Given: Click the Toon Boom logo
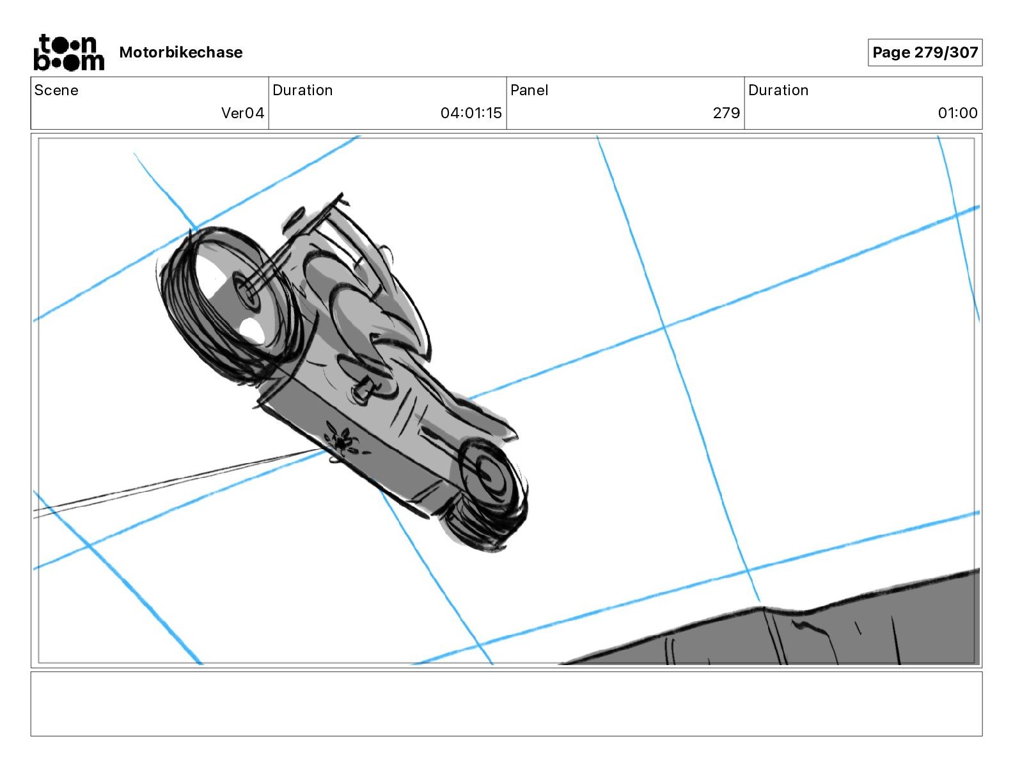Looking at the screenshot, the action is [x=69, y=52].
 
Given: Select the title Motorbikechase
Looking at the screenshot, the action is [x=181, y=52].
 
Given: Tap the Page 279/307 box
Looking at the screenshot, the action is [x=925, y=52].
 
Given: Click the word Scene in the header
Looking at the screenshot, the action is [x=56, y=90].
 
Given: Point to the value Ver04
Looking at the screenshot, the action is [x=242, y=112].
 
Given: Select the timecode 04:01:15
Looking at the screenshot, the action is [x=471, y=112].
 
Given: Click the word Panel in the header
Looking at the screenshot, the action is [x=529, y=90].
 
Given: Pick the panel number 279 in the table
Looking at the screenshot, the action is [x=726, y=112].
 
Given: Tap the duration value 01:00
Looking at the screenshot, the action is [x=957, y=112].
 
